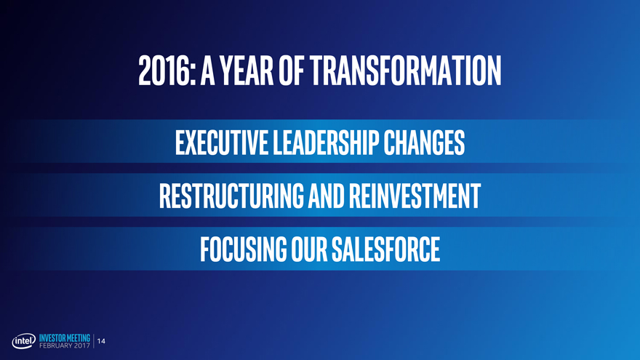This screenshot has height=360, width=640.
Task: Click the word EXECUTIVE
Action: point(222,143)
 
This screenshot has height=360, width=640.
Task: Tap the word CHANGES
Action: point(424,143)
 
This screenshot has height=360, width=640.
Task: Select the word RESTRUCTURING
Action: point(231,196)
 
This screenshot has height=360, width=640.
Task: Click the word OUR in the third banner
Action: point(309,249)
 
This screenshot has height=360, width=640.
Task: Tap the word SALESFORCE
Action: point(385,249)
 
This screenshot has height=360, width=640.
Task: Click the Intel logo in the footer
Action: point(24,341)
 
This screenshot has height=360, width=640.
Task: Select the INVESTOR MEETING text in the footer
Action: point(65,338)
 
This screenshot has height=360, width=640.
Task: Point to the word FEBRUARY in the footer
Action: point(56,345)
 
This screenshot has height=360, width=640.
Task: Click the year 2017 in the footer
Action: point(83,345)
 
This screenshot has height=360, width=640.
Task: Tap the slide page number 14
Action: point(101,341)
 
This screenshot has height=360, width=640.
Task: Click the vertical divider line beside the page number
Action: point(94,341)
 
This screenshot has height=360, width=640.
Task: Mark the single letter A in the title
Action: point(208,71)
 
